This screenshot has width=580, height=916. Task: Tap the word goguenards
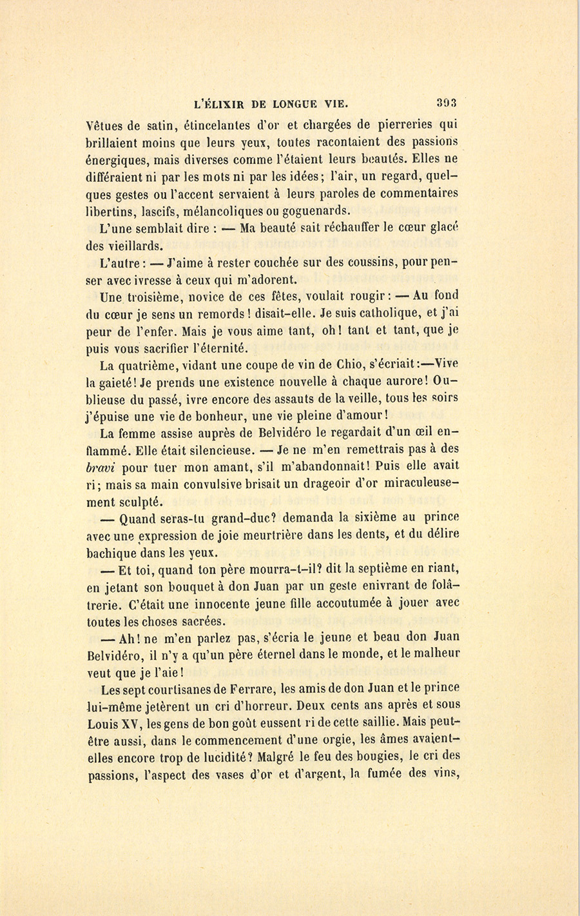(x=315, y=210)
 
